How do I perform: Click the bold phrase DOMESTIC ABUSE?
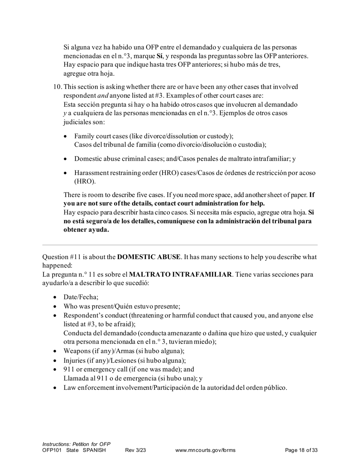point(149,257)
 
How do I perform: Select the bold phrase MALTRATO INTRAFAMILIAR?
point(180,274)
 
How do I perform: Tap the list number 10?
point(58,87)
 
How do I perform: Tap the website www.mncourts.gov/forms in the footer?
point(205,450)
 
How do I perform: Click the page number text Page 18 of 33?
point(301,450)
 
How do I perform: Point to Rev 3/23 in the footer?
point(135,450)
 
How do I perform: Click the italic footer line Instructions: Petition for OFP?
point(76,444)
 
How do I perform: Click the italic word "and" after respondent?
point(103,96)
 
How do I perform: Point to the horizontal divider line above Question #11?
point(180,245)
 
